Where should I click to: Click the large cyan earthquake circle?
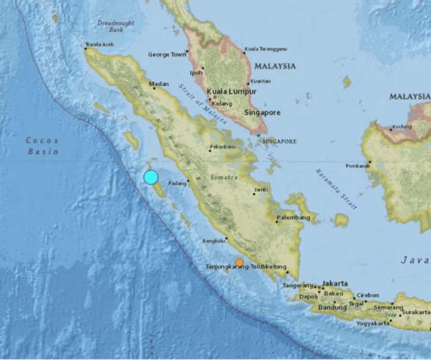pos(151,177)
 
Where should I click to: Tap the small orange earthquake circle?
pos(239,262)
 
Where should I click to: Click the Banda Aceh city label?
pos(99,47)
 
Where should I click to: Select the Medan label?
pos(159,85)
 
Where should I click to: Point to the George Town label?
pos(167,54)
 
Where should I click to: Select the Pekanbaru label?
pos(222,146)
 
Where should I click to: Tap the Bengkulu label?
pos(214,240)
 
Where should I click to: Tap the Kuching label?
pos(404,127)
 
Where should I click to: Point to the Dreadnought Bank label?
pos(116,25)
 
